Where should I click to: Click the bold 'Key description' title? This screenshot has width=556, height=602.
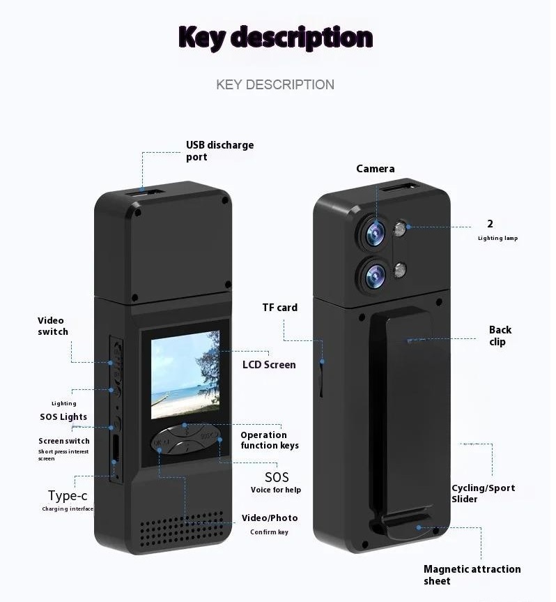[275, 37]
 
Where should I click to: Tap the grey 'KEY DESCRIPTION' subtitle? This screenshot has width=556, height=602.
[275, 84]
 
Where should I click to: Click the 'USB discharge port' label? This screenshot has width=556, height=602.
[219, 151]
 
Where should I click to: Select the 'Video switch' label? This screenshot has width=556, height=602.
[53, 326]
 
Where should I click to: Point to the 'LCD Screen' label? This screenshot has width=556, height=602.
[269, 364]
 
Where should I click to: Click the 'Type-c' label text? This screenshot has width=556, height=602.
[68, 496]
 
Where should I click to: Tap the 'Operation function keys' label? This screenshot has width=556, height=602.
[270, 440]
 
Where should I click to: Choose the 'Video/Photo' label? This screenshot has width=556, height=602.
[270, 518]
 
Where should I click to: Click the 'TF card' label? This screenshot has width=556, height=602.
[279, 307]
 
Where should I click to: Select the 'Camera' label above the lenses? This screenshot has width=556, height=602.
[376, 168]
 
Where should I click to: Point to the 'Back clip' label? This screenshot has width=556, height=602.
[500, 336]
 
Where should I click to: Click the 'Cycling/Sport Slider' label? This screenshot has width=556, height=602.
[483, 493]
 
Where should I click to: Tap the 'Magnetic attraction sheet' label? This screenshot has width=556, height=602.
[472, 575]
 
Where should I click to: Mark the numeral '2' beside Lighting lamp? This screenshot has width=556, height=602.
[491, 224]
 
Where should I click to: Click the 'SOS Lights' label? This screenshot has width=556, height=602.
[63, 417]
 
